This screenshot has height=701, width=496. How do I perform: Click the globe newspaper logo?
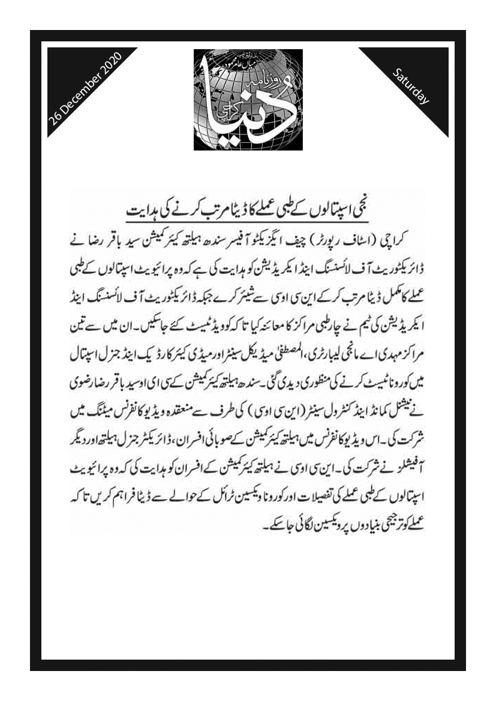pos(248,100)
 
